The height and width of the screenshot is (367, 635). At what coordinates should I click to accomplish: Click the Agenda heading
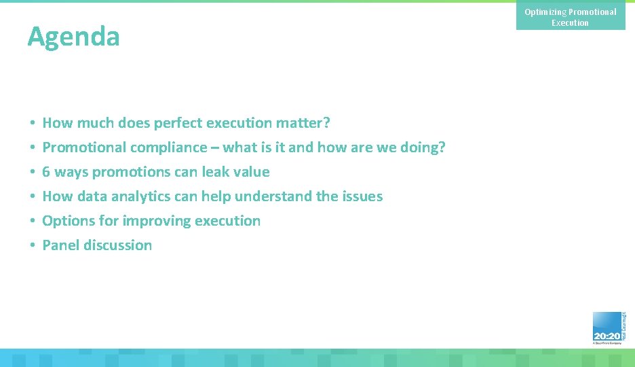[x=73, y=36]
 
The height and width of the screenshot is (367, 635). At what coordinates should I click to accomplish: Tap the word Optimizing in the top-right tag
[x=545, y=12]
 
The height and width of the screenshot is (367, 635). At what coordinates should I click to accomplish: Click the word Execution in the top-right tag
[x=570, y=23]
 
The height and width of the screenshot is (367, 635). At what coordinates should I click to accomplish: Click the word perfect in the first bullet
[x=178, y=123]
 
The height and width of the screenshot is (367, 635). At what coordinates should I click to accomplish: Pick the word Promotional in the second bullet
[x=84, y=147]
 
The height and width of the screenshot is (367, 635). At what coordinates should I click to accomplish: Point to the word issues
[x=363, y=196]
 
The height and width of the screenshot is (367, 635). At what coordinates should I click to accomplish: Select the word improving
[x=156, y=221]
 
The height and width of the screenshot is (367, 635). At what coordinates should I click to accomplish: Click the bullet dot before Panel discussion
[x=33, y=246]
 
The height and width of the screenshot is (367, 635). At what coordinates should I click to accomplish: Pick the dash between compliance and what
[x=216, y=148]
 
